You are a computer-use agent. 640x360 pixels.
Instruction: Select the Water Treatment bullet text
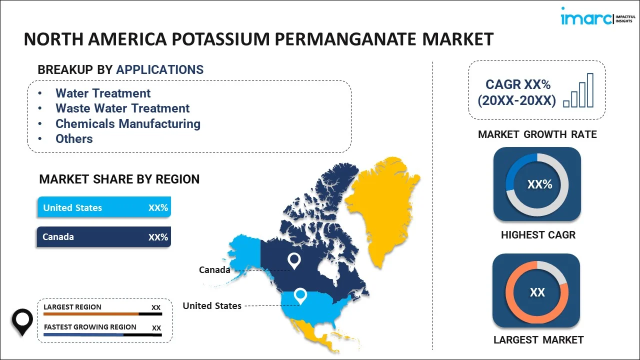[103, 93]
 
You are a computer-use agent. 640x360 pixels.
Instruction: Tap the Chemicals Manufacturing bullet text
[128, 123]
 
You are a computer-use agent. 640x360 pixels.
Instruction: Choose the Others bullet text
[74, 139]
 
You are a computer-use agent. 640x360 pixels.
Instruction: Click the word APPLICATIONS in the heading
[159, 69]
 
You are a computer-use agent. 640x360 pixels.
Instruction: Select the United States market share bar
[104, 207]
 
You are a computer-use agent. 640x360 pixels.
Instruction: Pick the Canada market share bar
[104, 237]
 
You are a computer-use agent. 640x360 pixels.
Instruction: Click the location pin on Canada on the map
[294, 260]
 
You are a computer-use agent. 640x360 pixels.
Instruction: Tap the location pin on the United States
[300, 296]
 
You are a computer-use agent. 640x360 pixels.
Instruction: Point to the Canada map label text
[214, 269]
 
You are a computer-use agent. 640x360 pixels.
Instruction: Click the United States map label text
[212, 305]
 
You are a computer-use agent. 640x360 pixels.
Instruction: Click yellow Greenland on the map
[383, 208]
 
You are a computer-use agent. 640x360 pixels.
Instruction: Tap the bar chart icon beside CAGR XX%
[578, 90]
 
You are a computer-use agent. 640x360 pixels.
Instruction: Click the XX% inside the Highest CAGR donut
[539, 184]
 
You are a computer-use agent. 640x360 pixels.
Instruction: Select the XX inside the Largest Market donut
[537, 292]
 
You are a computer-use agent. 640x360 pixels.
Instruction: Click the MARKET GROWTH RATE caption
[537, 134]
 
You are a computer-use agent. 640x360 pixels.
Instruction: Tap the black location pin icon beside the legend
[22, 322]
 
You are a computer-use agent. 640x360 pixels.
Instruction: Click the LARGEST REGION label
[72, 307]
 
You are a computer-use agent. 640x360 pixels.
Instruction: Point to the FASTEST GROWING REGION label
[90, 327]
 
